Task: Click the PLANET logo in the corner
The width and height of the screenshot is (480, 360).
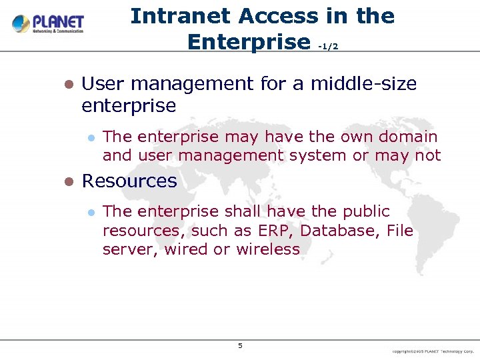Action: coord(48,25)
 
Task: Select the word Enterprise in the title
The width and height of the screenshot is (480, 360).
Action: coord(249,42)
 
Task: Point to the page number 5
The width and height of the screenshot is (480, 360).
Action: coord(240,345)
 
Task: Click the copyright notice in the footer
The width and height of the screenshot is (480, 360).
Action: coord(433,351)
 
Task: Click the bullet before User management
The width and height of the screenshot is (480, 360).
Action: coord(67,85)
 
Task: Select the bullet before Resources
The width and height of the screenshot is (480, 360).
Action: coord(67,182)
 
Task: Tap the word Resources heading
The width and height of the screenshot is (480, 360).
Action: coord(129,181)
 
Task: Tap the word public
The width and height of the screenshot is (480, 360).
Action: coord(366,212)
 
